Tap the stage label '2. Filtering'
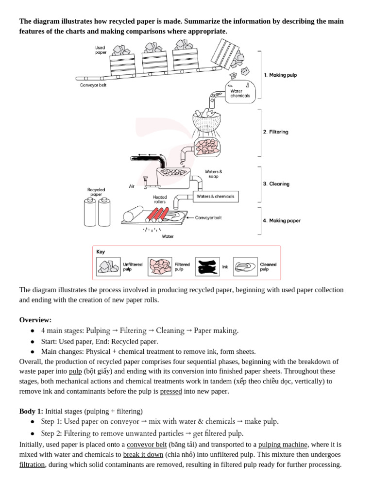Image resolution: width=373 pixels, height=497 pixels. click(275, 132)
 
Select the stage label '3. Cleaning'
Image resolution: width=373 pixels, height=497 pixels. click(276, 184)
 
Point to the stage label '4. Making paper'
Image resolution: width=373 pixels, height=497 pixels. click(282, 220)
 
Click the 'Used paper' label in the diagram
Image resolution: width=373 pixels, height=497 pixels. click(101, 50)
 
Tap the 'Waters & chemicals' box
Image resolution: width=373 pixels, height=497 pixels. click(216, 197)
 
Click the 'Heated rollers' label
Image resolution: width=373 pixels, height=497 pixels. click(159, 199)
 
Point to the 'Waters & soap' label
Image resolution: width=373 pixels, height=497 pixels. click(214, 173)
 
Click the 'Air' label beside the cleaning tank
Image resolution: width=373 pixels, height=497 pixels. click(132, 186)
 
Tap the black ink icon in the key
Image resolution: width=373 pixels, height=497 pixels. click(207, 266)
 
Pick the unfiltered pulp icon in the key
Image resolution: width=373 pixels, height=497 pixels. click(108, 266)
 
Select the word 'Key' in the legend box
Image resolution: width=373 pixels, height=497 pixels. click(101, 252)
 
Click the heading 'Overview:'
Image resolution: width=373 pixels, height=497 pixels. click(35, 319)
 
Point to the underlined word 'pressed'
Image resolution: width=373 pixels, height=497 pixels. click(171, 391)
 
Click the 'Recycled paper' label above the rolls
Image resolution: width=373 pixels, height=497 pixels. click(96, 192)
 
